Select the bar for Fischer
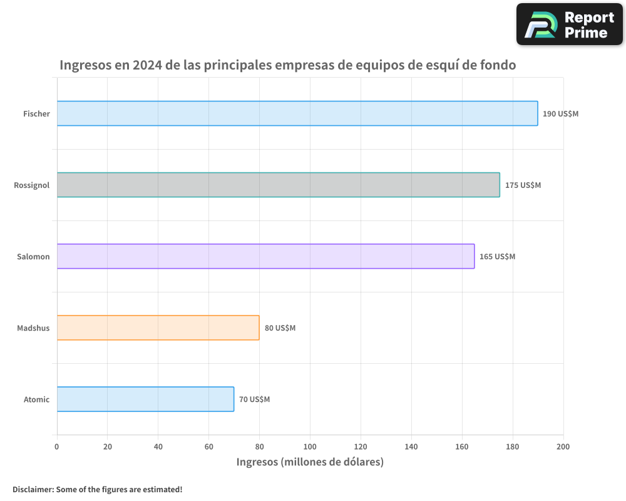pyautogui.click(x=297, y=113)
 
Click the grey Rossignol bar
pyautogui.click(x=279, y=185)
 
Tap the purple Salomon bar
pyautogui.click(x=265, y=256)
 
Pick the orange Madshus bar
pyautogui.click(x=158, y=328)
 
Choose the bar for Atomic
pyautogui.click(x=145, y=399)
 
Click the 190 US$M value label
pyautogui.click(x=561, y=114)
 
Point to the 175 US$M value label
pyautogui.click(x=523, y=185)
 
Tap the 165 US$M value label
pyautogui.click(x=497, y=257)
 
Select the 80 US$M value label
pyautogui.click(x=280, y=328)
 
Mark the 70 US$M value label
pyautogui.click(x=254, y=400)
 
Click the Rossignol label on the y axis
pyautogui.click(x=32, y=185)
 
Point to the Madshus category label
pyautogui.click(x=33, y=328)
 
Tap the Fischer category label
pyautogui.click(x=36, y=114)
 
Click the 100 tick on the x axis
pyautogui.click(x=310, y=447)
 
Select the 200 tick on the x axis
pyautogui.click(x=563, y=447)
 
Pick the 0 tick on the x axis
pyautogui.click(x=57, y=447)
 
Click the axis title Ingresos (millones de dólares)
pyautogui.click(x=310, y=462)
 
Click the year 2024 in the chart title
pyautogui.click(x=148, y=65)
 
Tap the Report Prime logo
pyautogui.click(x=569, y=24)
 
